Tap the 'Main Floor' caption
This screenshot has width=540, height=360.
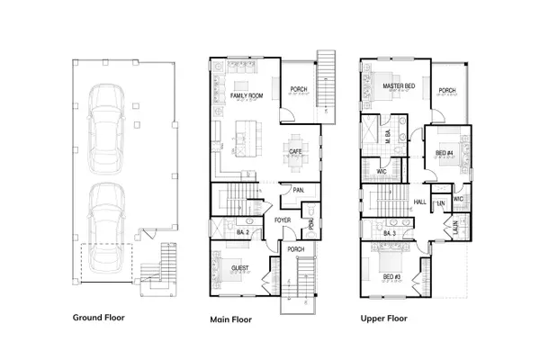pos(229,319)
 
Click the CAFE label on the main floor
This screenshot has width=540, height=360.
pos(294,151)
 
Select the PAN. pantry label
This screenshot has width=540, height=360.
pos(297,190)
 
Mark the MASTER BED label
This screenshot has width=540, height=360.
pos(397,86)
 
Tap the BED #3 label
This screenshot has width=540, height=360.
pos(391,277)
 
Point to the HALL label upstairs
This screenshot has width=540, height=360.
pos(419,202)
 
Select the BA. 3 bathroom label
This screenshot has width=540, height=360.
pos(390,234)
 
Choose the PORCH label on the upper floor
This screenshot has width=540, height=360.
pos(447,90)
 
